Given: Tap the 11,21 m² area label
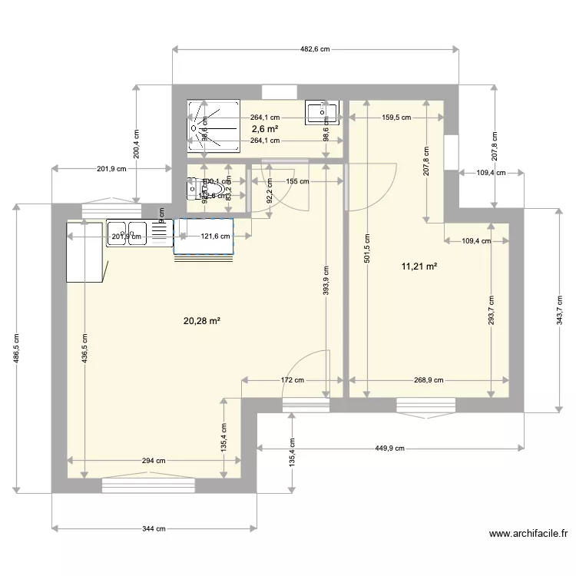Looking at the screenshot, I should pyautogui.click(x=419, y=266).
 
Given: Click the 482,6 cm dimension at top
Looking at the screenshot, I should pyautogui.click(x=315, y=49).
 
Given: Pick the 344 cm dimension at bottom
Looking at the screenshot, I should pyautogui.click(x=156, y=528).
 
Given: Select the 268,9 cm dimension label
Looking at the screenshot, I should pyautogui.click(x=429, y=379).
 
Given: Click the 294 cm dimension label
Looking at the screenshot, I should pyautogui.click(x=154, y=461).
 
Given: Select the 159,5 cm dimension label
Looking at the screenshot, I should pyautogui.click(x=396, y=118).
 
